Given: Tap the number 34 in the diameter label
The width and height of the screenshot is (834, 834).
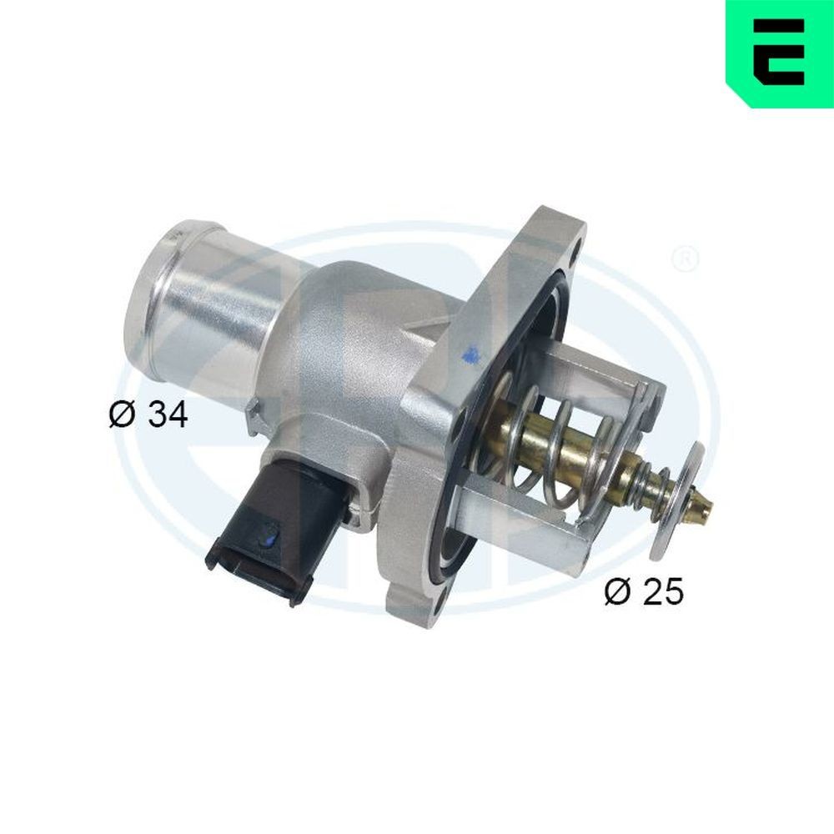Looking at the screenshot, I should click(168, 414).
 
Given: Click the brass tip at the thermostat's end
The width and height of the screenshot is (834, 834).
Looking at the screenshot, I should click(706, 503).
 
